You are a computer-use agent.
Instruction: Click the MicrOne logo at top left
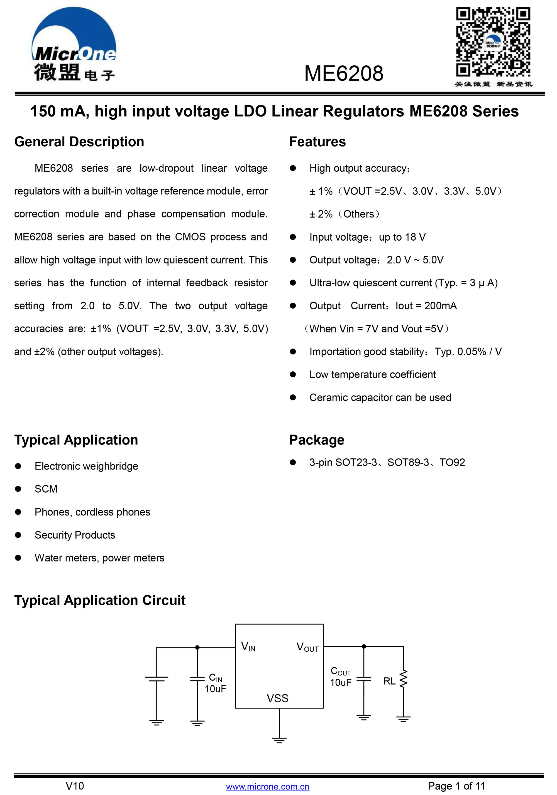tap(74, 45)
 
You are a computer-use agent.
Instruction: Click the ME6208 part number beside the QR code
tap(343, 73)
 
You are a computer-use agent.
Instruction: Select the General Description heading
tap(79, 142)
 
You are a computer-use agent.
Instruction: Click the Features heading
tap(317, 142)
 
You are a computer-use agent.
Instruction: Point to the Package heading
tap(316, 440)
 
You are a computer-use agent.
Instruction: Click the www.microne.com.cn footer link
tap(267, 786)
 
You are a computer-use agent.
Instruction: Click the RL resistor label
tap(389, 681)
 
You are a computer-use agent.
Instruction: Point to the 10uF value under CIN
tap(215, 689)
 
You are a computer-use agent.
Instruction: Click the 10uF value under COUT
tap(340, 682)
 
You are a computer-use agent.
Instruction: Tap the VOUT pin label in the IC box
tap(307, 647)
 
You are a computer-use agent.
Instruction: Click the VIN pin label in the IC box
tap(248, 646)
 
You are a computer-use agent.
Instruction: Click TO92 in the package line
tap(452, 463)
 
